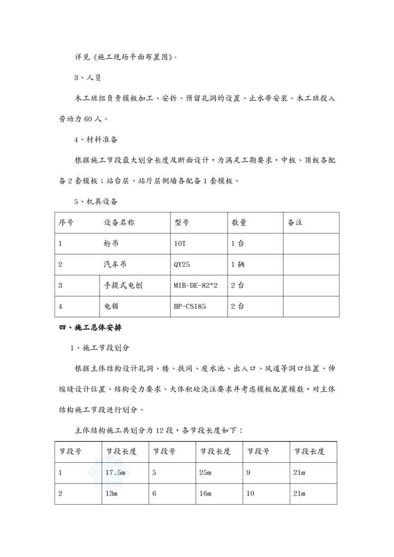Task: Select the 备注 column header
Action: tap(295, 223)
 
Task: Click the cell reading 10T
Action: tap(180, 244)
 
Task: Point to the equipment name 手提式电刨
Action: tap(123, 285)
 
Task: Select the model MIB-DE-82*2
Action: tap(195, 285)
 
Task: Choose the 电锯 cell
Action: tap(112, 306)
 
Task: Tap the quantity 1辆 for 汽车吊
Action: tap(238, 265)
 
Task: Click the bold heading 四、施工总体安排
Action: tap(90, 328)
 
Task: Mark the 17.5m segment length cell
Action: tap(115, 472)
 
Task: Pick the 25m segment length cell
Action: tap(205, 472)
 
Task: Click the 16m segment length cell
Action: tap(205, 493)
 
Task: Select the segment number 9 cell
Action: tap(248, 472)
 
